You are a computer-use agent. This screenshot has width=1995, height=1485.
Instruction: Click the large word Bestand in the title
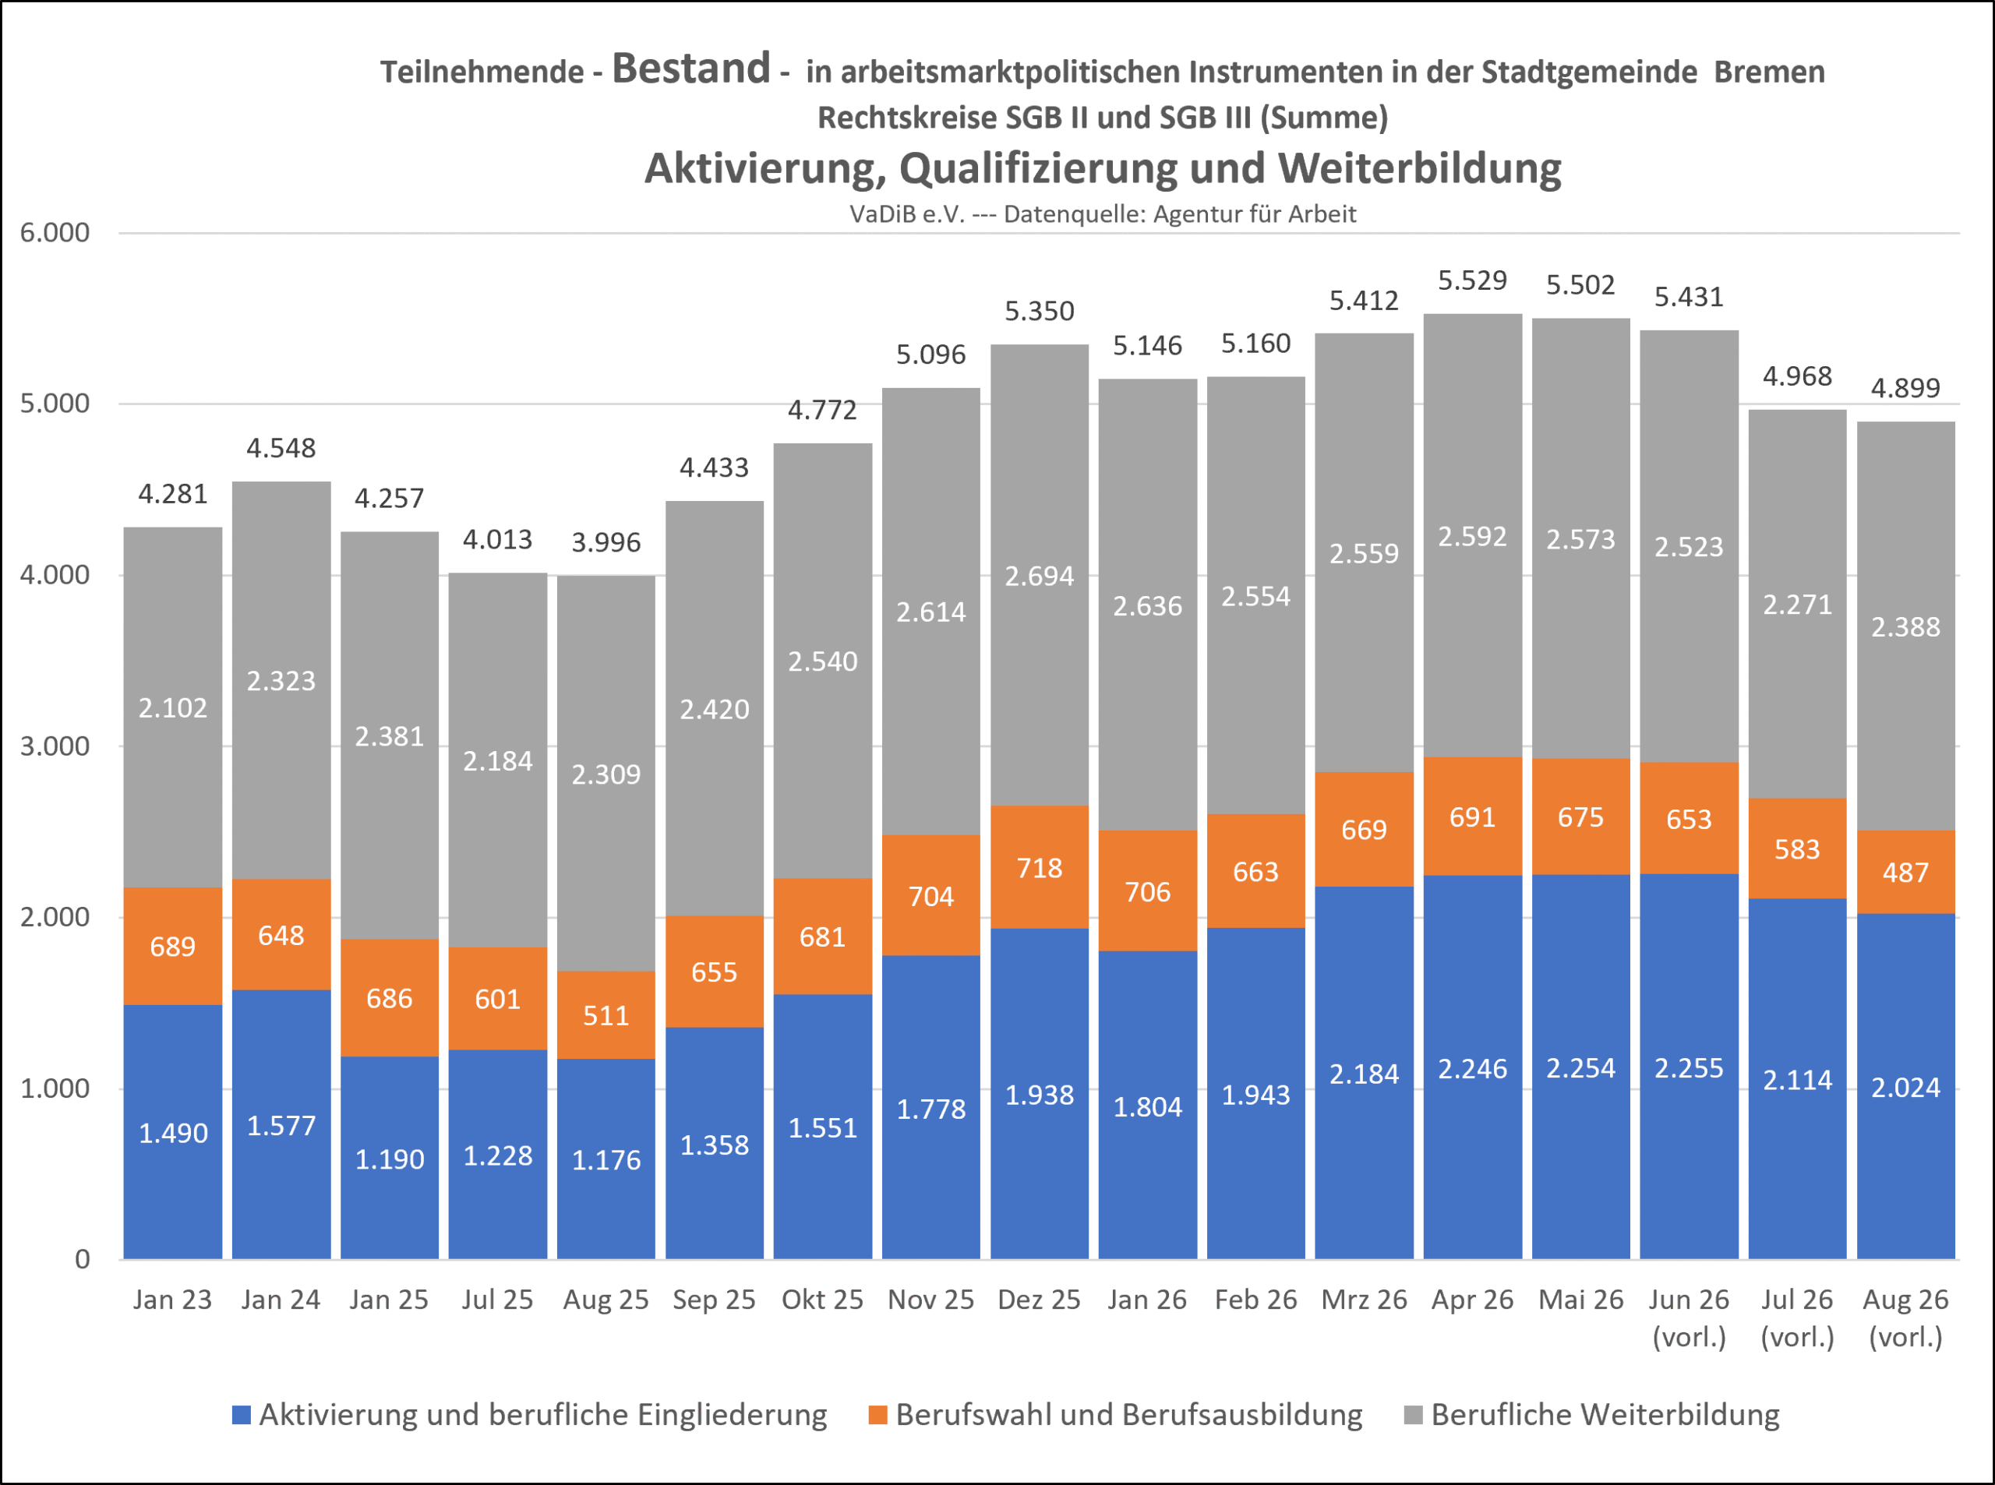pos(690,69)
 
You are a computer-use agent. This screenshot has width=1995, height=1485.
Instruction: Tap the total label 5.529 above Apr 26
pos(1472,280)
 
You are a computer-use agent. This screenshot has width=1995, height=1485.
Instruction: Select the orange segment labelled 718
pos(1040,866)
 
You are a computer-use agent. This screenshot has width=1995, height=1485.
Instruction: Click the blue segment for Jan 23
pos(173,1132)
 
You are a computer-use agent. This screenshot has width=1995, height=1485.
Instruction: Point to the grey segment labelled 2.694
pos(1040,575)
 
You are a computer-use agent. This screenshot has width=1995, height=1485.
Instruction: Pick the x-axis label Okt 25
pos(821,1300)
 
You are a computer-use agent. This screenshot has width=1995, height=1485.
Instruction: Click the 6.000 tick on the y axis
pos(55,233)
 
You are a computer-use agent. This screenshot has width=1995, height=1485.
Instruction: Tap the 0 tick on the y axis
pos(82,1259)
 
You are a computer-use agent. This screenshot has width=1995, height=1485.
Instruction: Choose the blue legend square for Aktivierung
pos(241,1415)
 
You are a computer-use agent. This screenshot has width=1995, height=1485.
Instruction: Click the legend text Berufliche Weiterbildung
pos(1605,1415)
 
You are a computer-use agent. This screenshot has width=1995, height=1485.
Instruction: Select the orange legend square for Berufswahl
pos(877,1415)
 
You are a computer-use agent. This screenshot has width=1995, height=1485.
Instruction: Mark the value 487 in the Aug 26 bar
pos(1905,873)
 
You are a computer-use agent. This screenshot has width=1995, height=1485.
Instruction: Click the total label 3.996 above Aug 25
pos(606,543)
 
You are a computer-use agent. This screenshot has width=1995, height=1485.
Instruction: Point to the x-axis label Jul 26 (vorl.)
pos(1796,1317)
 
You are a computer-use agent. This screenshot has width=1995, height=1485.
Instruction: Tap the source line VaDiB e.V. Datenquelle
pos(1102,214)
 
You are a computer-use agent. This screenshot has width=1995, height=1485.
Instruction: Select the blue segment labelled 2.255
pos(1689,1066)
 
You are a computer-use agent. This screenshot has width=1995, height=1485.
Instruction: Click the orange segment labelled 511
pos(606,1015)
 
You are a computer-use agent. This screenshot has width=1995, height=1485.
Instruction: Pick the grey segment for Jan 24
pos(281,680)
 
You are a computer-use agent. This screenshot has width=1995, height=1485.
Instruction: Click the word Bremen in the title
pos(1769,72)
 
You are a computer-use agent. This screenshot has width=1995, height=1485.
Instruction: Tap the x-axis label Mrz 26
pos(1364,1300)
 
